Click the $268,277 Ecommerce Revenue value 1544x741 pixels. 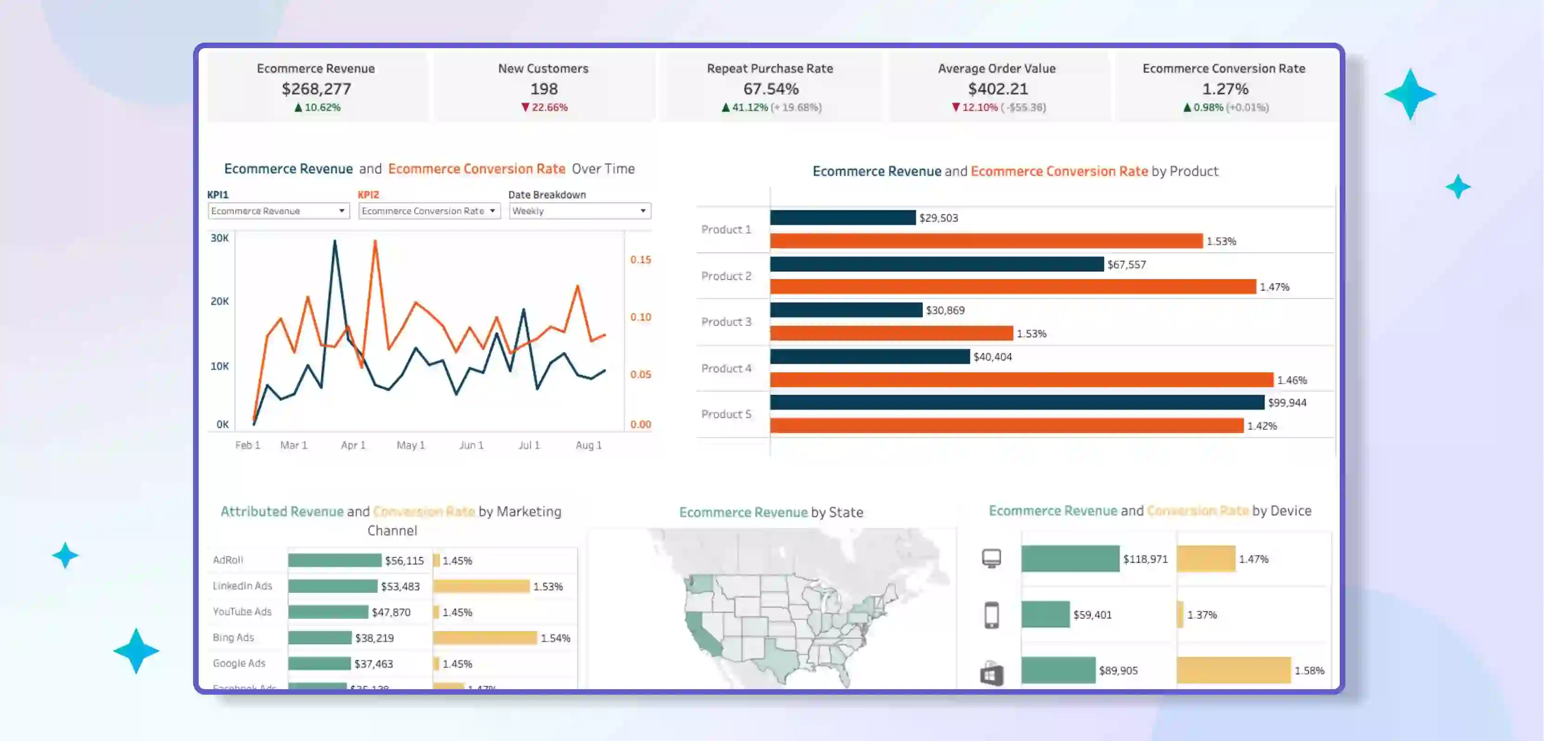click(x=316, y=89)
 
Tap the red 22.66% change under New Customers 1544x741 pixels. click(x=544, y=107)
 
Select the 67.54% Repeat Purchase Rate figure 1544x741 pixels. click(x=771, y=89)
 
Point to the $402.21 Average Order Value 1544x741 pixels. click(x=998, y=89)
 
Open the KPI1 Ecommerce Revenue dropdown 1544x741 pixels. click(x=278, y=211)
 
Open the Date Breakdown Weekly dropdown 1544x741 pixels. click(x=580, y=211)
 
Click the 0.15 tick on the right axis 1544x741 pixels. click(x=640, y=260)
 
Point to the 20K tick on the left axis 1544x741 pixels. click(x=220, y=301)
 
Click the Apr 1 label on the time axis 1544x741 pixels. click(x=353, y=445)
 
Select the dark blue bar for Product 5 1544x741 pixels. click(x=1017, y=402)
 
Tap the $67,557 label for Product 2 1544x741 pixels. click(x=1126, y=264)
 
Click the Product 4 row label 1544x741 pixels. click(x=726, y=368)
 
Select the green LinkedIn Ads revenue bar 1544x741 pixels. click(x=333, y=586)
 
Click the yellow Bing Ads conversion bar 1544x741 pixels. click(x=485, y=637)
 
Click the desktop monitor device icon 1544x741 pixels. click(x=992, y=559)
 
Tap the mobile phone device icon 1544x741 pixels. click(x=992, y=615)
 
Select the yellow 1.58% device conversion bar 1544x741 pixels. click(x=1233, y=670)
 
